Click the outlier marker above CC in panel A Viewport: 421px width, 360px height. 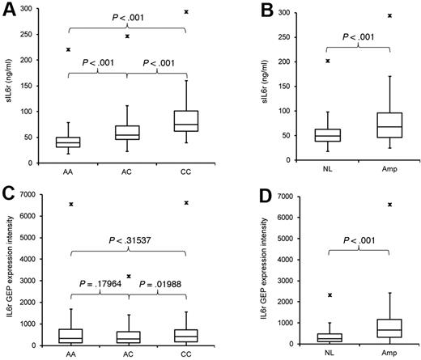tap(186, 12)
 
